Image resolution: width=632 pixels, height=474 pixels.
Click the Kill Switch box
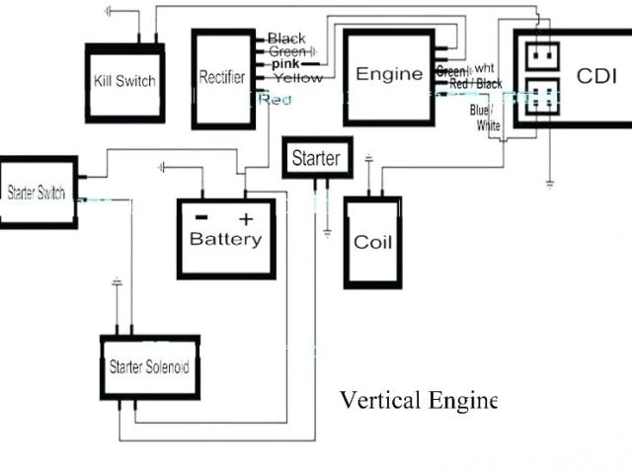124,82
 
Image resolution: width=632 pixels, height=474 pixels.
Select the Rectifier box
222,78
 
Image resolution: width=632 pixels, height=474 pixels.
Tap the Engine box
388,75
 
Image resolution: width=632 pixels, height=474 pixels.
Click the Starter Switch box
38,193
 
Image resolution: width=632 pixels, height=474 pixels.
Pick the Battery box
226,238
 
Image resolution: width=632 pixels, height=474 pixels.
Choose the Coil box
373,242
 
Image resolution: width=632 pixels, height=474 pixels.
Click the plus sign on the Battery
247,217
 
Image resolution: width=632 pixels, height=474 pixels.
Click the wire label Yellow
297,77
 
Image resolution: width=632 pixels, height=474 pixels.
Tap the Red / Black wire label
475,85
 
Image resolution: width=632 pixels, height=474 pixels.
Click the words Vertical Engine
418,400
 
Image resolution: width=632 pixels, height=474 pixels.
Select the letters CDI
596,76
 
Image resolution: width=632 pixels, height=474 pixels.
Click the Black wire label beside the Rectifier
286,39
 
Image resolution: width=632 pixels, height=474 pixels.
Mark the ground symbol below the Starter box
327,234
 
